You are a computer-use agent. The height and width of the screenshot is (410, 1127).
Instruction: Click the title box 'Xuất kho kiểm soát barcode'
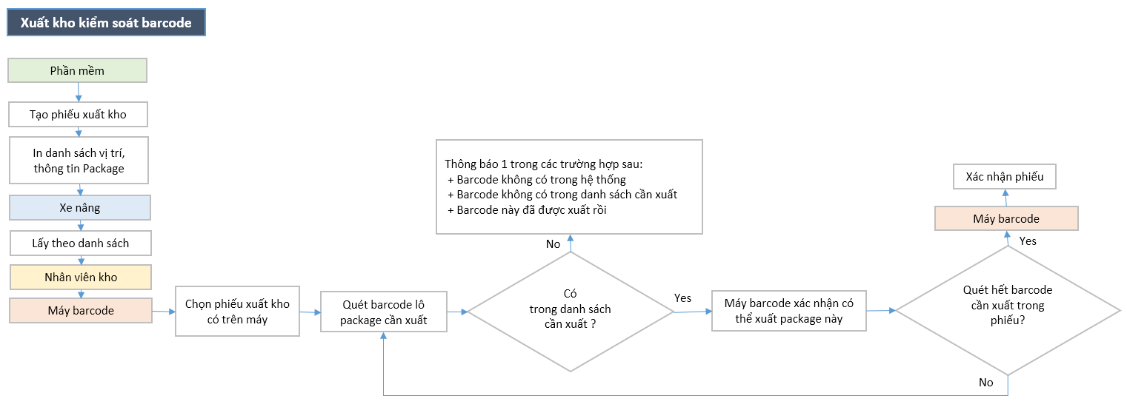tap(106, 23)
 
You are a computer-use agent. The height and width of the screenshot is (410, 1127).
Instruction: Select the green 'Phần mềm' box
tap(77, 71)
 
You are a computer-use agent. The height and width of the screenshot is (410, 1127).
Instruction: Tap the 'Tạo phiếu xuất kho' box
tap(78, 115)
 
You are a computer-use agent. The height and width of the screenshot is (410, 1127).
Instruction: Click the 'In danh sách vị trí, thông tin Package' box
tap(78, 160)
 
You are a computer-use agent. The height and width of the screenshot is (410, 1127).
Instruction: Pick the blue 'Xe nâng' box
tap(80, 208)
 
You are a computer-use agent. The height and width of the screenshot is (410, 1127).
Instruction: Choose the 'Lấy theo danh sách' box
tap(80, 243)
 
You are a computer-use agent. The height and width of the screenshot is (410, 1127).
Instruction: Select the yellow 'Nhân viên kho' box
tap(80, 277)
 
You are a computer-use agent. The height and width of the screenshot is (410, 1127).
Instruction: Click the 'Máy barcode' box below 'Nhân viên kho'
tap(80, 311)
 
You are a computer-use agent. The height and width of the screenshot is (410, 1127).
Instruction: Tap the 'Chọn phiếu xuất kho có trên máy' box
tap(237, 312)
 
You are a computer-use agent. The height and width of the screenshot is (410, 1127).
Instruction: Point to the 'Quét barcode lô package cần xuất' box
tap(383, 312)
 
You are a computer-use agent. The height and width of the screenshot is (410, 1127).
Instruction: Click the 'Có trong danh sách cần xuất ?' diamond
tap(570, 312)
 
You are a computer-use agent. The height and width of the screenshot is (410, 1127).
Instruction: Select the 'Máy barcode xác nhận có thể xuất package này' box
tap(788, 311)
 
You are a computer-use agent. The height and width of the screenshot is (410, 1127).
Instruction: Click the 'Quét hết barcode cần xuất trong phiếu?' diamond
tap(1007, 311)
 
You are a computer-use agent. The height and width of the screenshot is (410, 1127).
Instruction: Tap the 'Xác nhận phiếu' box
tap(1004, 177)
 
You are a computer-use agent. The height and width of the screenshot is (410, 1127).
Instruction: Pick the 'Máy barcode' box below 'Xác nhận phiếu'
tap(1005, 219)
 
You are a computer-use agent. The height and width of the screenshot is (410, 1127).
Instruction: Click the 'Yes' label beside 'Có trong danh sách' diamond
tap(682, 298)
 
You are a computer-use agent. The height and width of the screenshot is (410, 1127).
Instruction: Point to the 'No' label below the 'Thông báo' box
tap(553, 244)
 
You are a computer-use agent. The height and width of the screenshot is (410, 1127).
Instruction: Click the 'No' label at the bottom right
tap(985, 383)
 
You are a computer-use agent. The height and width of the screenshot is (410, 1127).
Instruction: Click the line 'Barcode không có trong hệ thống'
tap(541, 179)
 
